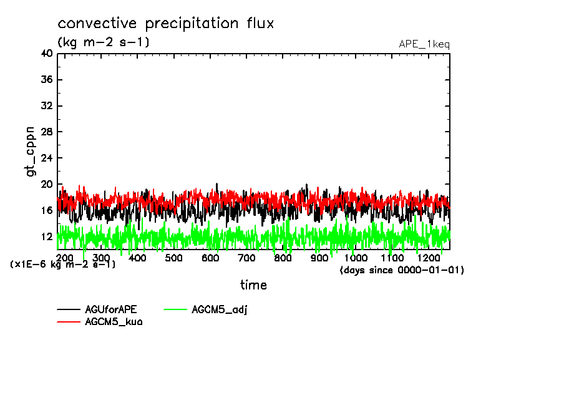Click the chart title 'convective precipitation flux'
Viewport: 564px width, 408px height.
pyautogui.click(x=165, y=24)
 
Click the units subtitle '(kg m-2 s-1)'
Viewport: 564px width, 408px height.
pyautogui.click(x=103, y=42)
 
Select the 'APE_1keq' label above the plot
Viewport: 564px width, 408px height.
pyautogui.click(x=424, y=44)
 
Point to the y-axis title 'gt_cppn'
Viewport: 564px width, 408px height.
pyautogui.click(x=31, y=151)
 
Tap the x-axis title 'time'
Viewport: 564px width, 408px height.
pyautogui.click(x=253, y=285)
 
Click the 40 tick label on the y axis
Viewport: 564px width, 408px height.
pyautogui.click(x=47, y=54)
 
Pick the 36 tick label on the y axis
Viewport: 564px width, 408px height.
pyautogui.click(x=47, y=80)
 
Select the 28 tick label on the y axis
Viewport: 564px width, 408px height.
pyautogui.click(x=47, y=132)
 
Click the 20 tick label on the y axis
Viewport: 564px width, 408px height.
pyautogui.click(x=47, y=185)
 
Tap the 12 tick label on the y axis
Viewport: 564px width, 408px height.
pyautogui.click(x=47, y=237)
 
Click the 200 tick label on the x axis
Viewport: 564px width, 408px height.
pyautogui.click(x=65, y=258)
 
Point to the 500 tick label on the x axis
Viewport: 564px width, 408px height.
pyautogui.click(x=174, y=258)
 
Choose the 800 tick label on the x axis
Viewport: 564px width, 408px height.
pyautogui.click(x=283, y=258)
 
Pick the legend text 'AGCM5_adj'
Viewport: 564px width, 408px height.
pyautogui.click(x=220, y=309)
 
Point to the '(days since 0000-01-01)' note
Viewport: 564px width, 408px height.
pyautogui.click(x=402, y=270)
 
